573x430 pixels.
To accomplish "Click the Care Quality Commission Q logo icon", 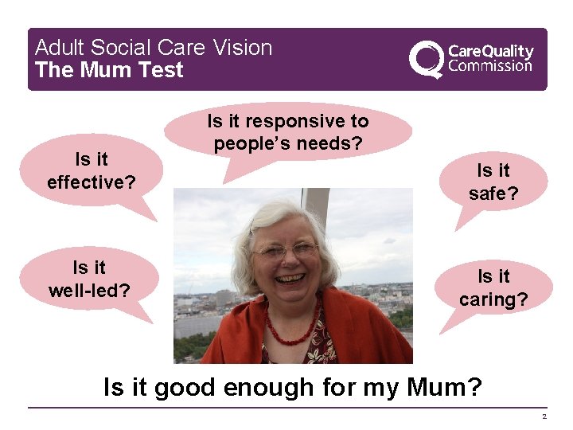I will pyautogui.click(x=426, y=59).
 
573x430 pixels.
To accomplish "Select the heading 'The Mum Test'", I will pyautogui.click(x=109, y=70).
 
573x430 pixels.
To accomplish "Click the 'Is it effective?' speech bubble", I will pyautogui.click(x=91, y=171).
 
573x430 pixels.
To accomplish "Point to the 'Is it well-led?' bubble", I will pyautogui.click(x=89, y=279).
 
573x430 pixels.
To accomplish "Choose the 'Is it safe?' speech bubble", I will pyautogui.click(x=493, y=182).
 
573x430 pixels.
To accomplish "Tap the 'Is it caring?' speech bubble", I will pyautogui.click(x=493, y=287).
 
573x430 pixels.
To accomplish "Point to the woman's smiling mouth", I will pyautogui.click(x=289, y=279).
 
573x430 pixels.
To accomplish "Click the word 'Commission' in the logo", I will pyautogui.click(x=490, y=66).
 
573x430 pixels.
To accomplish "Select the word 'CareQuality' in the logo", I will pyautogui.click(x=491, y=51).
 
